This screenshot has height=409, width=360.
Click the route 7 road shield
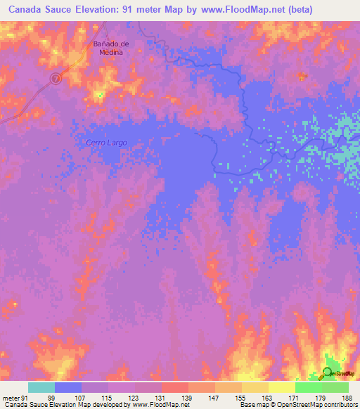(57, 79)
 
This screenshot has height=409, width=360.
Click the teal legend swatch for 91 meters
(41, 387)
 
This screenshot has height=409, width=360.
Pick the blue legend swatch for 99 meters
(68, 387)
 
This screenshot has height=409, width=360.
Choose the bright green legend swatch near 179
(308, 387)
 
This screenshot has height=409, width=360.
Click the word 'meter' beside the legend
(11, 397)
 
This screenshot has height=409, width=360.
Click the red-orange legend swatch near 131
(174, 387)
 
